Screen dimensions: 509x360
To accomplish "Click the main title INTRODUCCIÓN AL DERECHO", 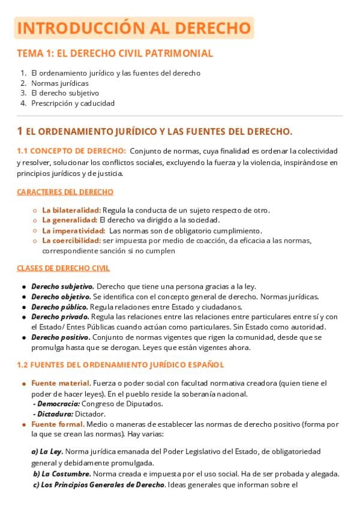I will click(134, 28).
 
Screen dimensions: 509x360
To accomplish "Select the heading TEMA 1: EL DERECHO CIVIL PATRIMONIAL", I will click(115, 53).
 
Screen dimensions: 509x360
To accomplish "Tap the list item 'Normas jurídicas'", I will click(60, 83).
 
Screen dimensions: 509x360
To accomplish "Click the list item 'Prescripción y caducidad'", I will click(73, 103).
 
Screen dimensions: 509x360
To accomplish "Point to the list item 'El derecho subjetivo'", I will click(65, 93).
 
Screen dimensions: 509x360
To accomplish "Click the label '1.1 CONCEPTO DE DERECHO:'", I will click(71, 151).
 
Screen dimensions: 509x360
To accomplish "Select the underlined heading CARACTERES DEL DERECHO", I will click(65, 192).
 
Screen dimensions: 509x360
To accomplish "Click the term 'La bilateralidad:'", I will click(71, 210).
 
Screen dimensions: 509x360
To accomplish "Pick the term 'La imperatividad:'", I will click(73, 230).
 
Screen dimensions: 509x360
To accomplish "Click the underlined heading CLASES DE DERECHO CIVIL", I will click(63, 268).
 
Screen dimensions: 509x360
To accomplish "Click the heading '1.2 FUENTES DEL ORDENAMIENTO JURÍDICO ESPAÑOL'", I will click(121, 364).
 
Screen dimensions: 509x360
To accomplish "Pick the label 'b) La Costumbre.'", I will click(62, 474).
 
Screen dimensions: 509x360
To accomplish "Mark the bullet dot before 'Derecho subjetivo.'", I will click(23, 287).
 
